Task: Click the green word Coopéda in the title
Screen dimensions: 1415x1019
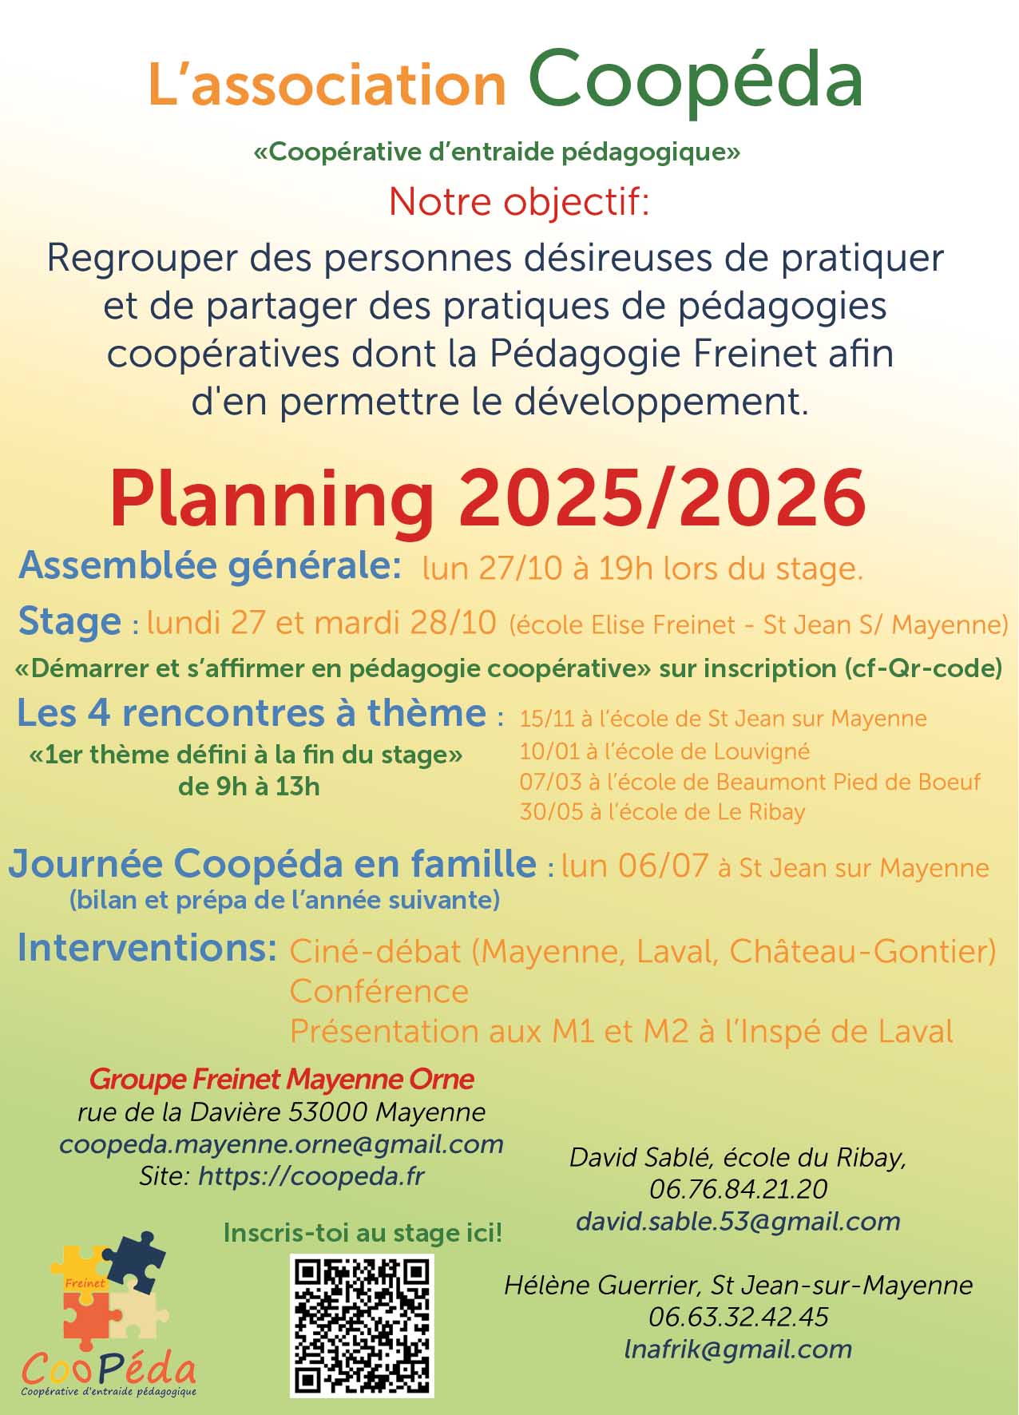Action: click(x=695, y=80)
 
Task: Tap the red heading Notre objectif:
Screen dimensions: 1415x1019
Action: click(x=519, y=202)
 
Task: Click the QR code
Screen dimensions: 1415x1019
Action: click(x=362, y=1325)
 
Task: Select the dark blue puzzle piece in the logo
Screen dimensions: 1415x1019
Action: click(x=136, y=1262)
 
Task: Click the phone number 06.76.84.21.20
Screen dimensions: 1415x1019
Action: click(x=738, y=1189)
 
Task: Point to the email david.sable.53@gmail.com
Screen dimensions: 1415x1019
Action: click(x=738, y=1221)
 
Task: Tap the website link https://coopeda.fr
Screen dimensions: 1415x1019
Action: click(x=311, y=1176)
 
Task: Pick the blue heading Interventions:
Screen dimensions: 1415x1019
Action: click(x=147, y=948)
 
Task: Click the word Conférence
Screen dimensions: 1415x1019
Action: click(x=379, y=991)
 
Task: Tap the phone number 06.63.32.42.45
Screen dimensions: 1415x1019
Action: click(x=738, y=1317)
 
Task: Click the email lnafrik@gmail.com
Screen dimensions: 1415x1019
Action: click(x=738, y=1349)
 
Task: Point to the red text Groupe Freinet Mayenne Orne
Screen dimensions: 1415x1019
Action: click(x=281, y=1080)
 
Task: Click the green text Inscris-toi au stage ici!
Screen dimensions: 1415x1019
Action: click(x=363, y=1232)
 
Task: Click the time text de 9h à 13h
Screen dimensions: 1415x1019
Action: click(x=248, y=787)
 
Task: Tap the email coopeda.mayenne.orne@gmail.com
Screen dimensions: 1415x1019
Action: click(x=281, y=1144)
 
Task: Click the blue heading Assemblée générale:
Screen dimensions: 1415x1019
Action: click(x=210, y=565)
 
